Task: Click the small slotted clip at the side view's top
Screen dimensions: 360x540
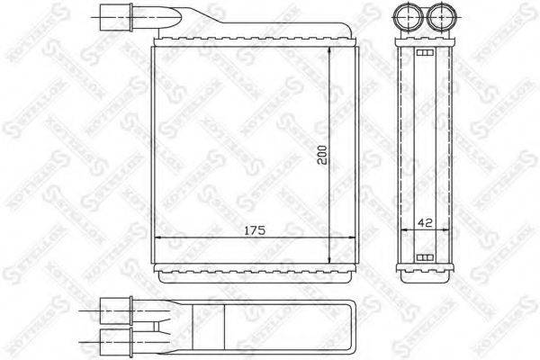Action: [424, 53]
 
